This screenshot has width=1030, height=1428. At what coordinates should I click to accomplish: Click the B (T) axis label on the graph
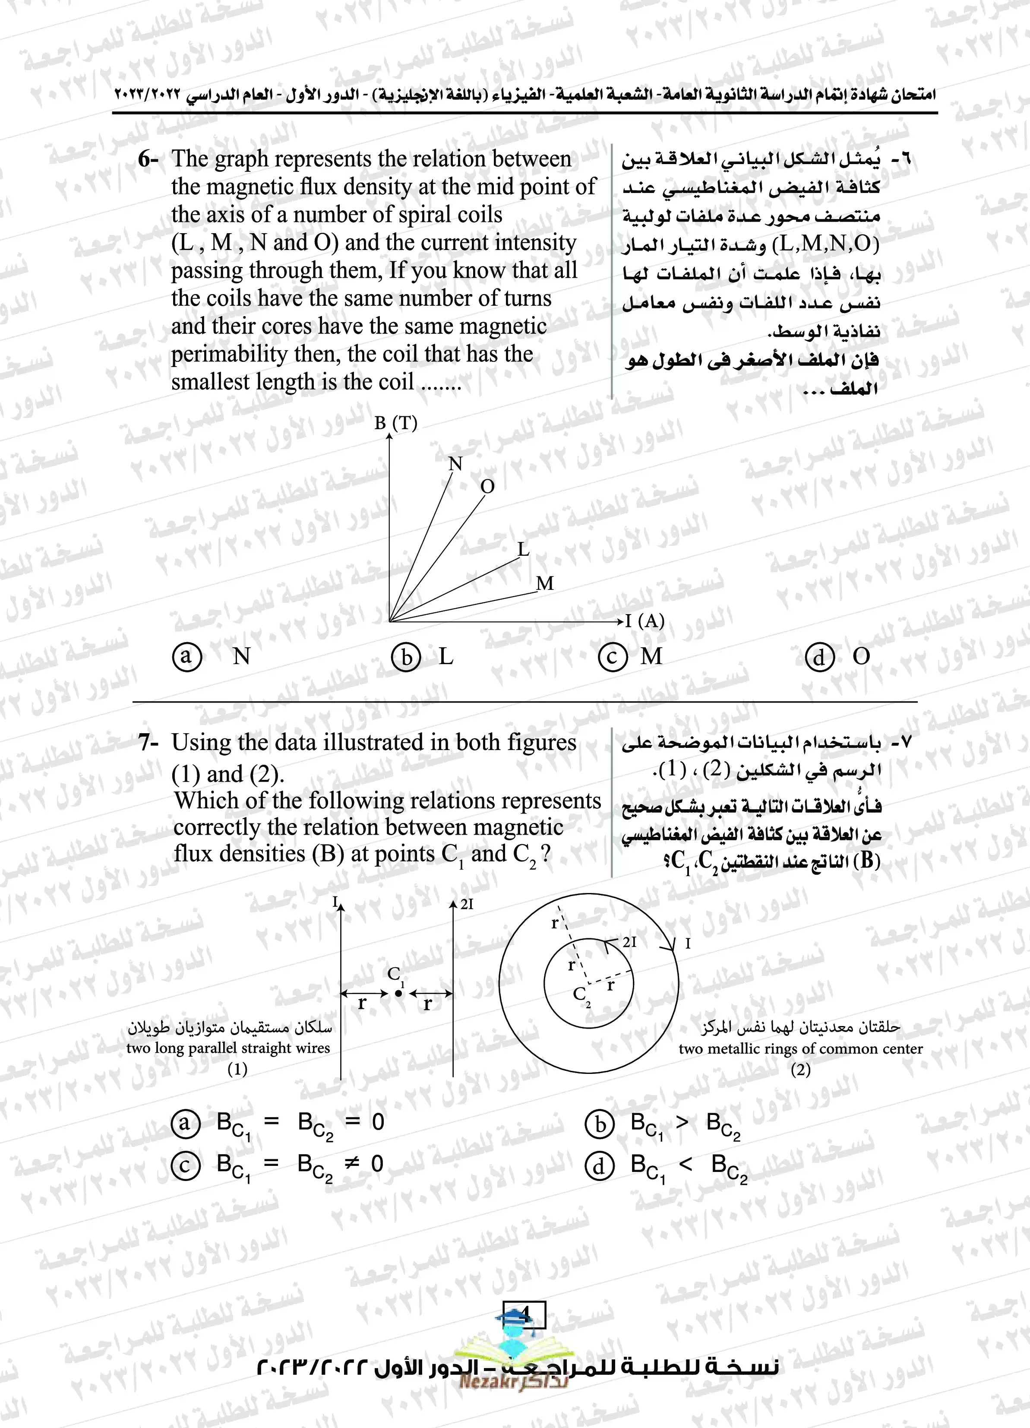point(395,423)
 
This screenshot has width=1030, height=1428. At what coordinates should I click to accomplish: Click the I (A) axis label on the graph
point(645,621)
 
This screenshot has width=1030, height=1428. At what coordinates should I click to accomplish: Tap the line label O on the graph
point(487,487)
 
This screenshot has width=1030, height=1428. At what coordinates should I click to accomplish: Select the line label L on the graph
point(523,550)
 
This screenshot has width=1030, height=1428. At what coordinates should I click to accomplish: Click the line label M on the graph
point(545,584)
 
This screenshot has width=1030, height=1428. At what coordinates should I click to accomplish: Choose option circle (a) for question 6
point(186,657)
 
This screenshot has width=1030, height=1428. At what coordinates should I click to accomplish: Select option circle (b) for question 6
point(406,657)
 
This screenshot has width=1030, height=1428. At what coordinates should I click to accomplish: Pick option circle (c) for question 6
point(612,657)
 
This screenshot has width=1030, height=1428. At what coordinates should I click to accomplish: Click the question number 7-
point(148,743)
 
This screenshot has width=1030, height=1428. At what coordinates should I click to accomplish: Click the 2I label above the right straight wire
point(467,905)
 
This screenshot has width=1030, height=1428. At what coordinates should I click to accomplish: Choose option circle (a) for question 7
point(185,1123)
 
